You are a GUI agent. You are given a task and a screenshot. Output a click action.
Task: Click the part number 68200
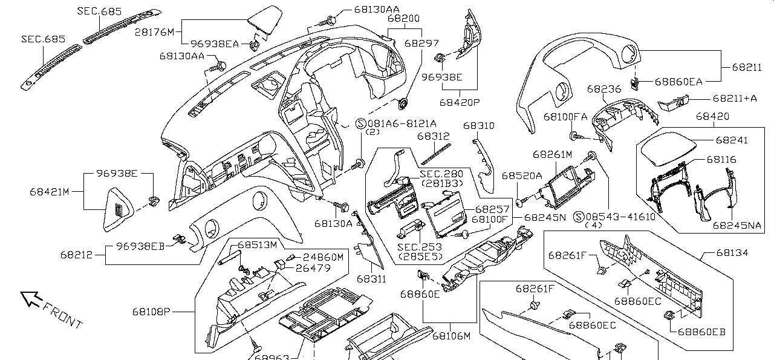[x=404, y=19]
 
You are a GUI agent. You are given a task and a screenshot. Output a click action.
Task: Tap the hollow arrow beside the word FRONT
[x=31, y=298]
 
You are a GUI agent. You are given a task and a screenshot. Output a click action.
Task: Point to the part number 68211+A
[x=735, y=98]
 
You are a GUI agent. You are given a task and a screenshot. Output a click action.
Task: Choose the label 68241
[x=732, y=140]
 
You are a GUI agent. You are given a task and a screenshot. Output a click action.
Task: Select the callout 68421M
[x=50, y=192]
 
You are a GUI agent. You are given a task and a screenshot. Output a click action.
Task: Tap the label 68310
[x=479, y=126]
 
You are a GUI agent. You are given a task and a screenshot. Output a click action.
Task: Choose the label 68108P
[x=152, y=312]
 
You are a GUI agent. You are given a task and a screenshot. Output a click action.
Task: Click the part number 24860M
[x=323, y=257]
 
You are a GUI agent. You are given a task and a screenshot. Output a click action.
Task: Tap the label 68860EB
[x=701, y=332]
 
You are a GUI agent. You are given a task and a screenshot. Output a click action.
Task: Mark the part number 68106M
[x=451, y=336]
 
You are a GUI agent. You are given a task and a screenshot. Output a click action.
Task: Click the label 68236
[x=603, y=89]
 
